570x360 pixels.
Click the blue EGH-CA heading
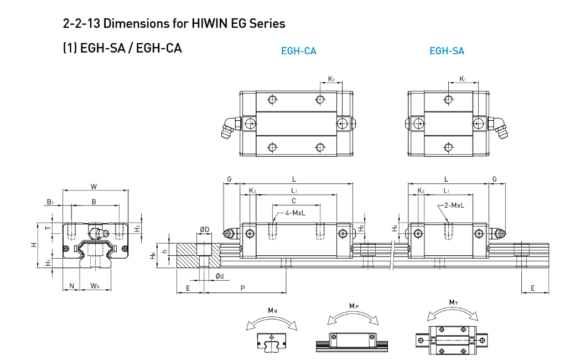point(298,50)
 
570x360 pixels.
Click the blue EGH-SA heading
point(447,50)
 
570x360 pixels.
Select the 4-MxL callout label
point(295,213)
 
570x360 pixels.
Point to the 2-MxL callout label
point(454,205)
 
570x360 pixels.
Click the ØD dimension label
point(205,229)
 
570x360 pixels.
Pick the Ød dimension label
point(220,276)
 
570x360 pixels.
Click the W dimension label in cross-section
point(94,187)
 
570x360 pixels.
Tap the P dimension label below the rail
point(242,288)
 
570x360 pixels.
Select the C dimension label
point(294,200)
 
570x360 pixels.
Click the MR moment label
point(273,311)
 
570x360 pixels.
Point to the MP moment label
point(354,306)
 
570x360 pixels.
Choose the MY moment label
point(453,302)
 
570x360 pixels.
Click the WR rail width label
point(95,286)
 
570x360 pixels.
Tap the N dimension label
point(71,286)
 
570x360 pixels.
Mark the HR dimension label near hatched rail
point(153,256)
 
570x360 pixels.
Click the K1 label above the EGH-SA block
point(463,79)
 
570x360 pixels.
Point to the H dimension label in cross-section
point(34,245)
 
